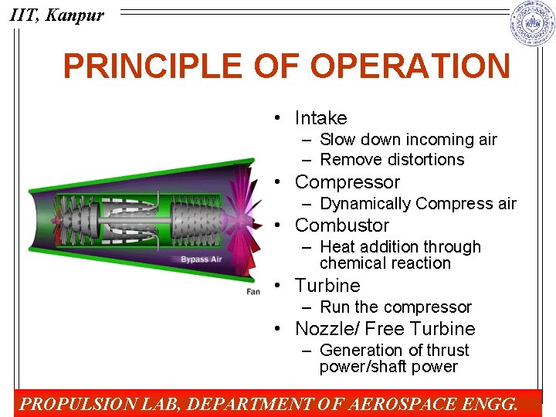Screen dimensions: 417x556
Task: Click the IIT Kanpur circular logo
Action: pyautogui.click(x=532, y=23)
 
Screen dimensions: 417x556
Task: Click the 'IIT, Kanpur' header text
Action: pyautogui.click(x=57, y=15)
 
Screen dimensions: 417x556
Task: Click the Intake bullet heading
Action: pyautogui.click(x=320, y=118)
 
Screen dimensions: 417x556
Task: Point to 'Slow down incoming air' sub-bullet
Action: pyautogui.click(x=408, y=140)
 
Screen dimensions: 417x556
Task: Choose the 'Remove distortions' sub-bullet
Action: pyautogui.click(x=392, y=160)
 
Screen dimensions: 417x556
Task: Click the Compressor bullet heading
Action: pyautogui.click(x=347, y=182)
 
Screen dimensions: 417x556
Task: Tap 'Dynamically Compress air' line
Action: pyautogui.click(x=417, y=204)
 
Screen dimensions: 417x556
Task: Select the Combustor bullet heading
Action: pyautogui.click(x=342, y=225)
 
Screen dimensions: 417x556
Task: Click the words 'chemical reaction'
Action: pyautogui.click(x=385, y=263)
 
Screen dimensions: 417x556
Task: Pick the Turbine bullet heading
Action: pyautogui.click(x=327, y=286)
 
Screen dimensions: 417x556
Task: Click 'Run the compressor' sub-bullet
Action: pyautogui.click(x=395, y=307)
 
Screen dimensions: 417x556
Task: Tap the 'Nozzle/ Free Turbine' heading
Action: pyautogui.click(x=385, y=329)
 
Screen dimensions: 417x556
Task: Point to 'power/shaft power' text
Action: pyautogui.click(x=388, y=367)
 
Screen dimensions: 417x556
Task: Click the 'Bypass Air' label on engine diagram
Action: pyautogui.click(x=201, y=259)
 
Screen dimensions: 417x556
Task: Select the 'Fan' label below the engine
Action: pyautogui.click(x=253, y=292)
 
